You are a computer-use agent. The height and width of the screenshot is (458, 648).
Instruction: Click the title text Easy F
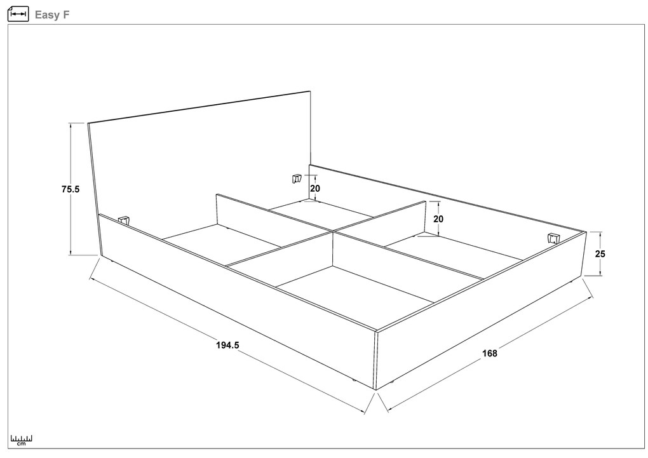click(51, 15)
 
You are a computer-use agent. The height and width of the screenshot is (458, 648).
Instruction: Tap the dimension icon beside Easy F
click(18, 14)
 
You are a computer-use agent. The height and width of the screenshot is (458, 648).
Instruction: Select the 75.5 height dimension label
click(71, 189)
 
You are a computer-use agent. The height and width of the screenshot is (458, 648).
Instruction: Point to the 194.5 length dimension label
click(227, 346)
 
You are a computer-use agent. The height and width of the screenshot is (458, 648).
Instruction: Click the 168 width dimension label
click(489, 354)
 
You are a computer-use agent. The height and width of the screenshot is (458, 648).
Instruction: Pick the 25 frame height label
click(600, 253)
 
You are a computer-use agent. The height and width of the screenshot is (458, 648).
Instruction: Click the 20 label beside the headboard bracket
click(314, 188)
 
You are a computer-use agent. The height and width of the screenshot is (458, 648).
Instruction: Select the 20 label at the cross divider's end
click(438, 219)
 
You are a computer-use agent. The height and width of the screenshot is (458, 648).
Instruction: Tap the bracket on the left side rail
click(124, 219)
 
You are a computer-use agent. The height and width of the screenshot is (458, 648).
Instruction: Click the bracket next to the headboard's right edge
click(296, 178)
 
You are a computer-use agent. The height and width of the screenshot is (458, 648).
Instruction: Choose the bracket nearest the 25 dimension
click(553, 238)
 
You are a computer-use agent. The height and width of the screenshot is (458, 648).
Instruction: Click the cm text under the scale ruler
click(21, 444)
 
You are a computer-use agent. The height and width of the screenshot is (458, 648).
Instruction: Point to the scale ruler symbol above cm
click(21, 438)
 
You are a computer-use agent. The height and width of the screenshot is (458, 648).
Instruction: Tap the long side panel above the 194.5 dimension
click(235, 299)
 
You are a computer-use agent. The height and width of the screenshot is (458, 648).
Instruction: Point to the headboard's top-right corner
click(311, 91)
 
